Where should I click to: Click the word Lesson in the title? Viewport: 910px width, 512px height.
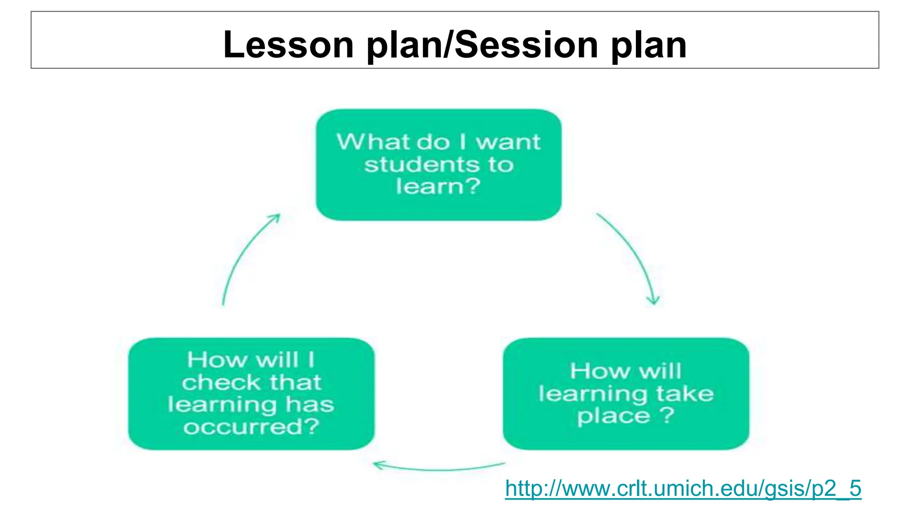tap(288, 45)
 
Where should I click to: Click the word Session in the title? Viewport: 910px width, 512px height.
tap(527, 45)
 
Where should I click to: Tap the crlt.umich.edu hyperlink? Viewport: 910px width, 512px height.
tap(683, 488)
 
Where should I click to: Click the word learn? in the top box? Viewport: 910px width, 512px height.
tap(438, 186)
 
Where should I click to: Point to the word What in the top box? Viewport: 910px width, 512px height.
tap(373, 142)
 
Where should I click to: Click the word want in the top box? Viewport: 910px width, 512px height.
tap(508, 142)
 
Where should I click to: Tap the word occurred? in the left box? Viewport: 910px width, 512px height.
tap(251, 427)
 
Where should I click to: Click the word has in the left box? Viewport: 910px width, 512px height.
tap(310, 405)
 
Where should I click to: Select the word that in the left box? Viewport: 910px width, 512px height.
tap(295, 383)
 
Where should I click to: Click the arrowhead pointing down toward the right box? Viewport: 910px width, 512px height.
tap(654, 300)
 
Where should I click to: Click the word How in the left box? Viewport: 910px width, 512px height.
tap(217, 360)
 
